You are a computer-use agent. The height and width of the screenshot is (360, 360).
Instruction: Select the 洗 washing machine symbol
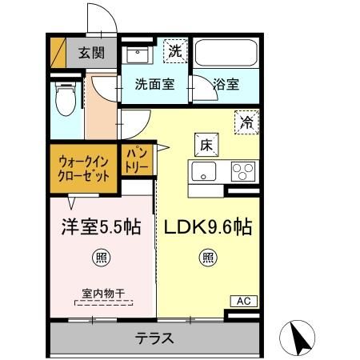click(174, 50)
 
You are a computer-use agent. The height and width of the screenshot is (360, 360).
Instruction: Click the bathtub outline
click(226, 54)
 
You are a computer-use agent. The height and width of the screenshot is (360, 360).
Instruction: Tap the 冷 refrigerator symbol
click(246, 122)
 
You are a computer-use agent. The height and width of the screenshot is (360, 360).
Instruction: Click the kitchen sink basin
click(202, 171)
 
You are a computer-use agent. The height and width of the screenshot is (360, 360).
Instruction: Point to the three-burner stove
click(242, 170)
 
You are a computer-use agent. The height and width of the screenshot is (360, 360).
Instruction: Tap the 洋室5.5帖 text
click(102, 226)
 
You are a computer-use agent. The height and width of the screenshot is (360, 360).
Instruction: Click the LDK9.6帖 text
click(208, 226)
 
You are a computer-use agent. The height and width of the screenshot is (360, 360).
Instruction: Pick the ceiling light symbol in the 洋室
click(102, 257)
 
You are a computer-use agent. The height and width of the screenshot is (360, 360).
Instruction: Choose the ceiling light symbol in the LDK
click(207, 257)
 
